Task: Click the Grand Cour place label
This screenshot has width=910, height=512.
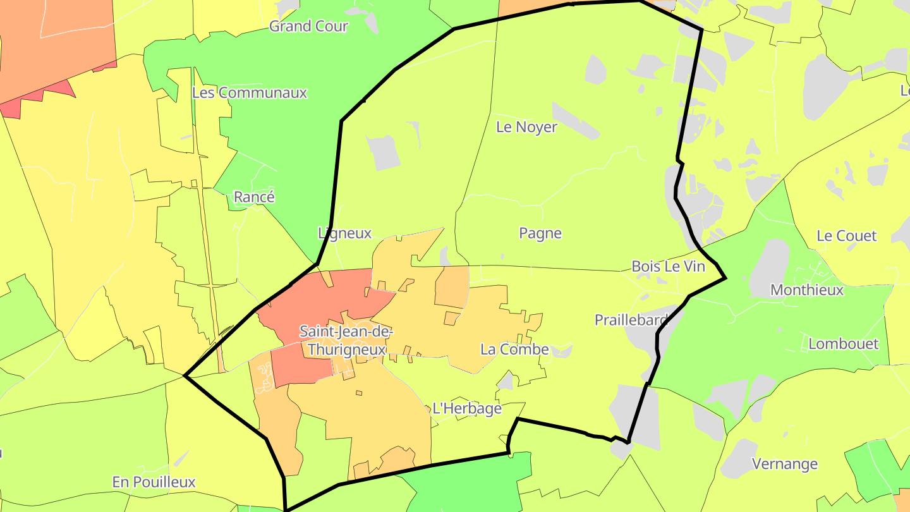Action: (308, 27)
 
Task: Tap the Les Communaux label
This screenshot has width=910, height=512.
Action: (249, 93)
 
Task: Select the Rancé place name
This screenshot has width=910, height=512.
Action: (254, 197)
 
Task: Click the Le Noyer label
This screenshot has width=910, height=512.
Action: (526, 127)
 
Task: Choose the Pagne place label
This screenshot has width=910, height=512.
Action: (540, 234)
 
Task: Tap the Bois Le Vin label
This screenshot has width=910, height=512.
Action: (668, 267)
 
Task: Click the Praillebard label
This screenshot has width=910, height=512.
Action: (631, 320)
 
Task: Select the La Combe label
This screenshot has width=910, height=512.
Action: (514, 350)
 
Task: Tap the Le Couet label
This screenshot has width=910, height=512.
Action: (846, 236)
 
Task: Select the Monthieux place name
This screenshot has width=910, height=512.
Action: (807, 291)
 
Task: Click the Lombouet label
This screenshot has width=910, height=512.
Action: (844, 344)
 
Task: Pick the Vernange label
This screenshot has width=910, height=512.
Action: (784, 465)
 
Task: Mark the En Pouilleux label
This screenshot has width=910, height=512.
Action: (154, 482)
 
